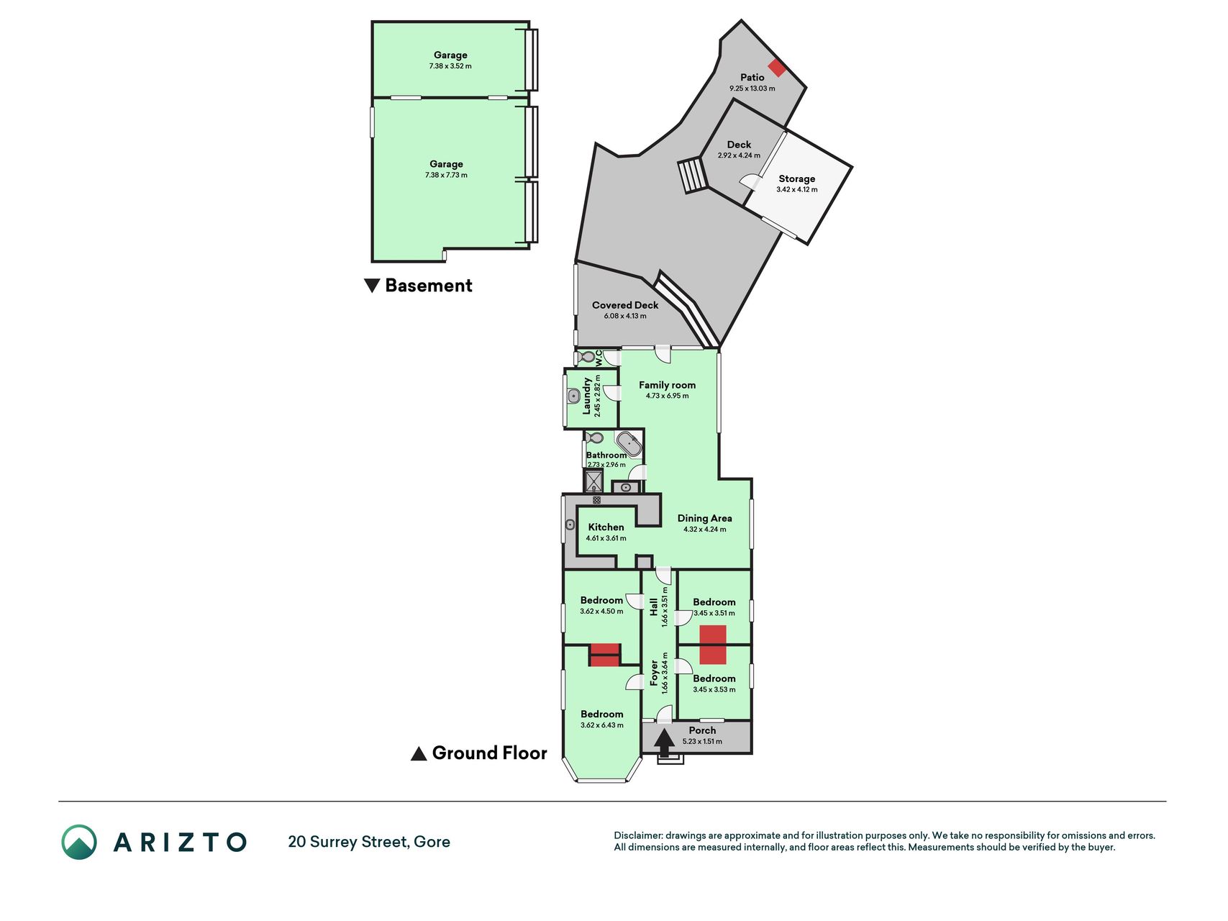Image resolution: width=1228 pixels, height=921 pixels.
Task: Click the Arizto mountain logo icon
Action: click(79, 842)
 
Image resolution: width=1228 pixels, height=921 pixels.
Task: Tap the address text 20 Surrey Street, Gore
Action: click(369, 842)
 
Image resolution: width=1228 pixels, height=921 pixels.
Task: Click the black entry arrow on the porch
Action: click(664, 742)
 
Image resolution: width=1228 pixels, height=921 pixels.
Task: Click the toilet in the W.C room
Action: click(588, 356)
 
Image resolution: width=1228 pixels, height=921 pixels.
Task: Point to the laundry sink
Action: click(573, 396)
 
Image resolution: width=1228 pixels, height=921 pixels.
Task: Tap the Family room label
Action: click(667, 385)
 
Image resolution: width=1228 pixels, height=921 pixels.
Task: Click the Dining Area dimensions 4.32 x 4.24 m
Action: click(704, 530)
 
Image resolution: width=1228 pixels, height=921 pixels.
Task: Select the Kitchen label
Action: click(606, 527)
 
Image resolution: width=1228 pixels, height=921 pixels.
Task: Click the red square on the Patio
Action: click(777, 68)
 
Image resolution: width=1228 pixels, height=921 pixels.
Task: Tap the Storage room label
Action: click(796, 178)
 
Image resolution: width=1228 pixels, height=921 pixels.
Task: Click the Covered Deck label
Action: click(625, 305)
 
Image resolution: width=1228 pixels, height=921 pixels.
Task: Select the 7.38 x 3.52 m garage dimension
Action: click(450, 66)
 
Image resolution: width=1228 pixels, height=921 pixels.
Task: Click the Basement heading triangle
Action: click(372, 286)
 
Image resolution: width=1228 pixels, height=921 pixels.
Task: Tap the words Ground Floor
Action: click(489, 753)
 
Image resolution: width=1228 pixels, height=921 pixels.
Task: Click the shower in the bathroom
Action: click(594, 480)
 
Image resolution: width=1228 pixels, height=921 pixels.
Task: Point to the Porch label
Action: click(702, 730)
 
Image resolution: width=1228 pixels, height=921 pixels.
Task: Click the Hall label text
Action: click(653, 607)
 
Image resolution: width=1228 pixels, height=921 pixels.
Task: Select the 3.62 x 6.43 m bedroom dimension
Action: click(602, 725)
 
